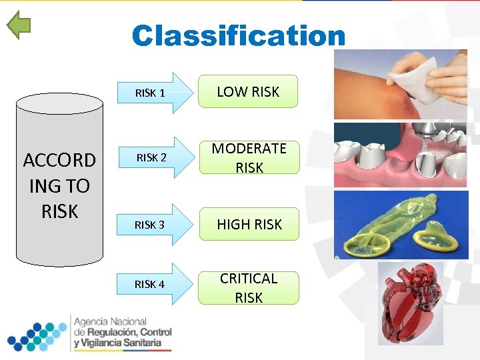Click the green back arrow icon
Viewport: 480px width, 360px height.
[19, 25]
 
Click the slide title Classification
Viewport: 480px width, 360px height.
[239, 36]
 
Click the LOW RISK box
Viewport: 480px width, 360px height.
[248, 92]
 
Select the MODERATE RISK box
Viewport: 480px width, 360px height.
[249, 158]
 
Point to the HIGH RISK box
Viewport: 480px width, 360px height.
[249, 225]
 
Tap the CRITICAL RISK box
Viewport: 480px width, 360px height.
[249, 287]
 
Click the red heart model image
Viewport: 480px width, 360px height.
[410, 303]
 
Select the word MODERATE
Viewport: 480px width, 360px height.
[249, 149]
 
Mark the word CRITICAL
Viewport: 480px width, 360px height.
[249, 279]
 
